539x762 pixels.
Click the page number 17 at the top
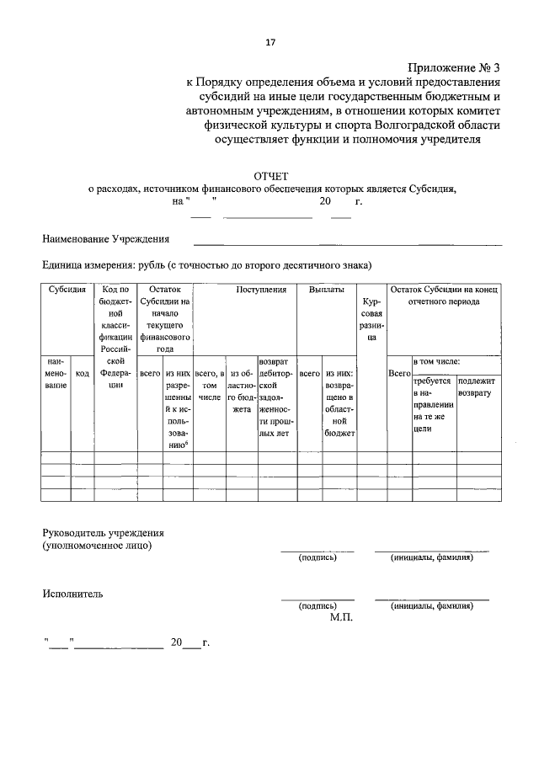coord(269,42)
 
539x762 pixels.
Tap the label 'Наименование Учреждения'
coord(106,239)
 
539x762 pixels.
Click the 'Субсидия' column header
coord(67,290)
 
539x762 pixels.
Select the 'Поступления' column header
coord(261,290)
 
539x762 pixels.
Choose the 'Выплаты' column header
coord(326,290)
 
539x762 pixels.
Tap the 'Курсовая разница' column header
coord(371,319)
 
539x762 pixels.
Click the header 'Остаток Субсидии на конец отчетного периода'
coord(445,296)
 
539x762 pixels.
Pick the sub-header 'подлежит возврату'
coord(476,387)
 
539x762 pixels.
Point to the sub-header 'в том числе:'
coord(436,361)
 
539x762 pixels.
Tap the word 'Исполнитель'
coord(73,594)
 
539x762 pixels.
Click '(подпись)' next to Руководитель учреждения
coord(318,557)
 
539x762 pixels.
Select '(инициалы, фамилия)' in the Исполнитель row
coord(431,605)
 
